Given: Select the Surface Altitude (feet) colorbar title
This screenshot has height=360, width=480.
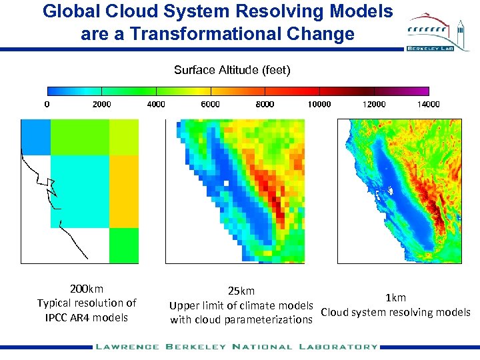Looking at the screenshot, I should tap(232, 70).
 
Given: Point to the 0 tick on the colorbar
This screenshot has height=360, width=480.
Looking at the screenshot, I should tap(47, 104).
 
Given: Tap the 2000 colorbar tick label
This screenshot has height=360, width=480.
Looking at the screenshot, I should tap(101, 104).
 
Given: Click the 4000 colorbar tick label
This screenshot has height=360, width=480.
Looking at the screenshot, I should tap(156, 104).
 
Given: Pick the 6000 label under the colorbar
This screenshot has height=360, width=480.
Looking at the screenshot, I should tap(210, 104).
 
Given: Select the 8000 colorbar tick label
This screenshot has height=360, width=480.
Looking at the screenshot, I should tap(265, 104).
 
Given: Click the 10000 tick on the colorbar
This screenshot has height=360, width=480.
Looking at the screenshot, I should tap(319, 104).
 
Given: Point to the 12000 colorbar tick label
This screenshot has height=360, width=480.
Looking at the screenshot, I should tap(374, 104).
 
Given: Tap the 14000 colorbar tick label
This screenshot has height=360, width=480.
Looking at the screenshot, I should tap(428, 104).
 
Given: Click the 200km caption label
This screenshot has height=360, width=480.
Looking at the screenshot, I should tap(87, 289).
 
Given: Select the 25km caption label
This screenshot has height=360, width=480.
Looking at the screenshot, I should tap(241, 291).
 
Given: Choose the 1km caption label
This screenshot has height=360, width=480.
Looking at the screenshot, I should tap(395, 298).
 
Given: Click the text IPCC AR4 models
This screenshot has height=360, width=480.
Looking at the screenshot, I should tap(87, 317).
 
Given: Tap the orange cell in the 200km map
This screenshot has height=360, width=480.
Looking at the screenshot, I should tap(123, 191).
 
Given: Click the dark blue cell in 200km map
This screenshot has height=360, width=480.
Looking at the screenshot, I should tap(35, 137).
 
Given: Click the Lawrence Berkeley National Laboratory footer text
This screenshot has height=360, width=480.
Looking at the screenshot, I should tap(237, 347).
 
